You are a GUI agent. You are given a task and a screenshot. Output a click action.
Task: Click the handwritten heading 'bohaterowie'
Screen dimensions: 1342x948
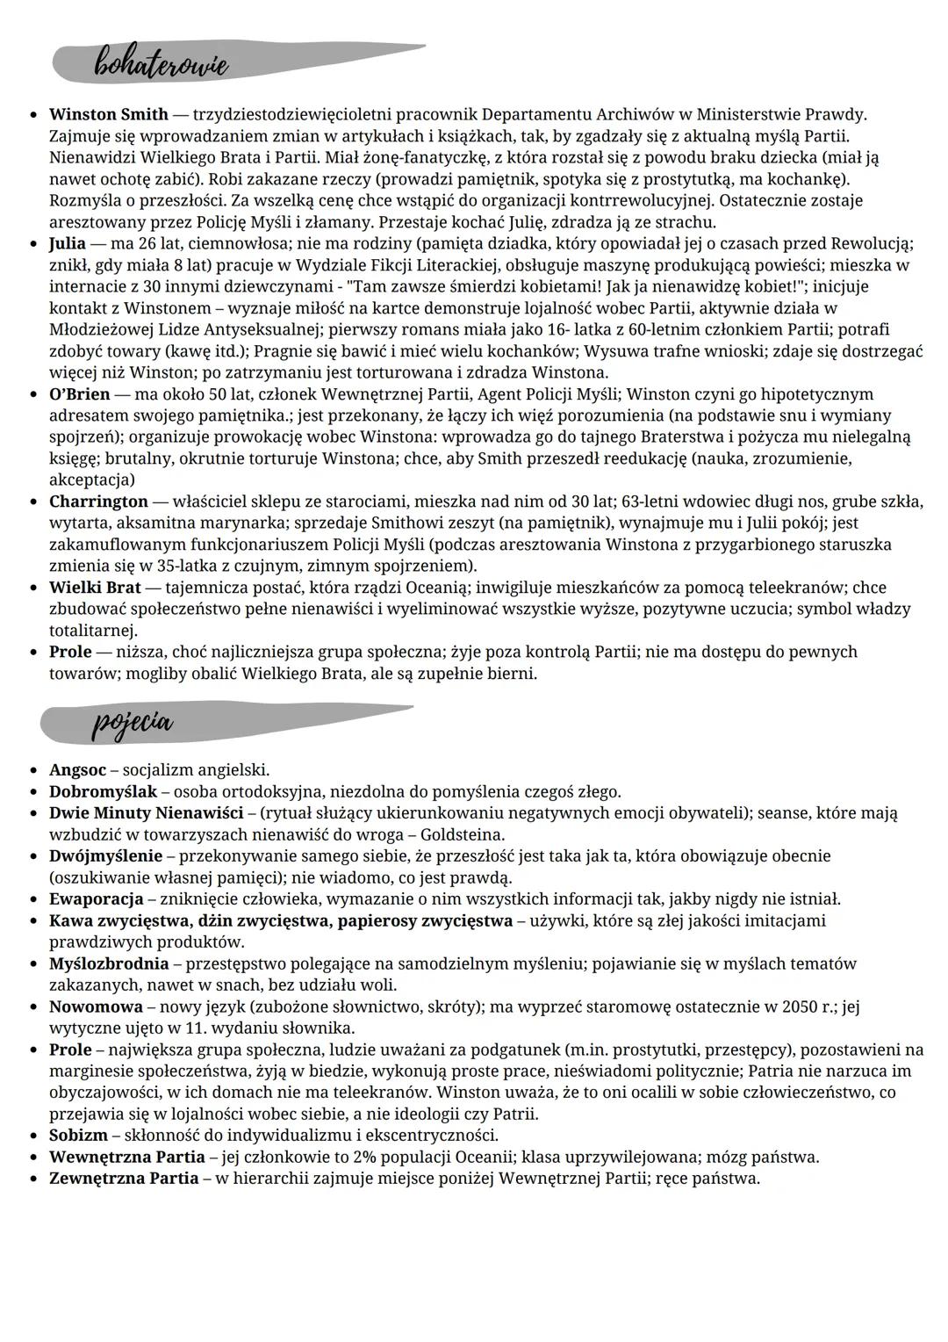(162, 63)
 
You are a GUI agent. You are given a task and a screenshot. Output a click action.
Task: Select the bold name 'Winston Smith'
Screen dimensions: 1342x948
(108, 115)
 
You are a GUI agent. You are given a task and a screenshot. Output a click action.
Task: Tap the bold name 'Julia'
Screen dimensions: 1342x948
(68, 243)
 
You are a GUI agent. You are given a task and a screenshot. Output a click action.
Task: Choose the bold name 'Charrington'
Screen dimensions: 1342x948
(98, 501)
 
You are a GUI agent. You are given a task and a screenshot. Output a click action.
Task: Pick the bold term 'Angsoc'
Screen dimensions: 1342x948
(77, 770)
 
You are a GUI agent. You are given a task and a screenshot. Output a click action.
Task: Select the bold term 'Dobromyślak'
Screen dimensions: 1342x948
(103, 791)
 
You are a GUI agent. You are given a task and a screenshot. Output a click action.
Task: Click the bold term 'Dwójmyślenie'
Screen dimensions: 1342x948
(105, 855)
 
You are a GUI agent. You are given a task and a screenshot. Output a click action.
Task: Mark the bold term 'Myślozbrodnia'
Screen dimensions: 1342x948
(109, 963)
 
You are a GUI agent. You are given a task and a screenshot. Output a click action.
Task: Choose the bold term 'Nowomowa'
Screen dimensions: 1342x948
(90, 1006)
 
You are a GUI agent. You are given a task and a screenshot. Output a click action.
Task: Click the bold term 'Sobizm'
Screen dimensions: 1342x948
(78, 1136)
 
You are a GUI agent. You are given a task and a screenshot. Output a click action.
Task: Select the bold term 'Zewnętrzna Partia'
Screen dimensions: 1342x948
(124, 1179)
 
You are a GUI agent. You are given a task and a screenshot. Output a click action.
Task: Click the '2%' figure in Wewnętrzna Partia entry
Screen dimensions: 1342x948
(364, 1157)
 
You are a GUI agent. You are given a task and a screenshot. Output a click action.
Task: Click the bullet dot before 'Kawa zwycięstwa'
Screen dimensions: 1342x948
(33, 921)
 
